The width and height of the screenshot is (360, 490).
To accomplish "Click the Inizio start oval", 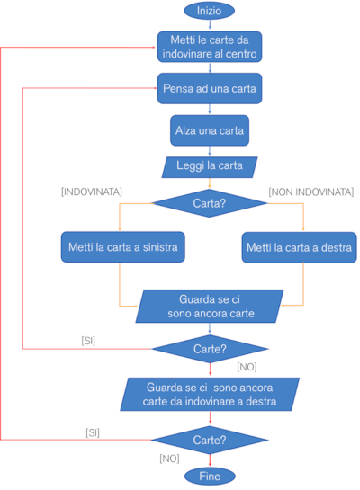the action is tap(209, 11).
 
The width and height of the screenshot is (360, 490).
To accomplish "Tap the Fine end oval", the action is tap(210, 477).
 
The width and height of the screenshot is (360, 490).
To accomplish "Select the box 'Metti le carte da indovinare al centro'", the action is tap(210, 47).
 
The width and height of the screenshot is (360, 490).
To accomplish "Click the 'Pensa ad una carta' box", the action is tap(210, 88).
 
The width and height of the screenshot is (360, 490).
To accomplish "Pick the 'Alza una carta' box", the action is tap(210, 130).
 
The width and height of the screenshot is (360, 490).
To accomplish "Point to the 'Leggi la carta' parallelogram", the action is tap(210, 167).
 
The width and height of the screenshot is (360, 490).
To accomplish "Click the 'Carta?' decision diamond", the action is tap(209, 203).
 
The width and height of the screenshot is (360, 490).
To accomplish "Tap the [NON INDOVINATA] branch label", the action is tap(311, 192).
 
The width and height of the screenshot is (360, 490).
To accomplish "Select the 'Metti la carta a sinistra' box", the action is tap(123, 247).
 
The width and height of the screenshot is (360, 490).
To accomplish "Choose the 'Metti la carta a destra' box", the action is tap(299, 247).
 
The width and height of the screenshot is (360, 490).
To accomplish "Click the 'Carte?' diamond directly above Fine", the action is tap(210, 440).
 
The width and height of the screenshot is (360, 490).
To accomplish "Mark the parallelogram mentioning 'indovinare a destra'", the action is tap(210, 395).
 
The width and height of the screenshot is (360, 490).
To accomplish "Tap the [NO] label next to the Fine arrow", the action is tap(169, 459).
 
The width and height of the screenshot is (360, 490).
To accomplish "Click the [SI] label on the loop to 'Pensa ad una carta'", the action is tap(88, 341).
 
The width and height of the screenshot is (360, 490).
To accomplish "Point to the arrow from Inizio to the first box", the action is tap(210, 24).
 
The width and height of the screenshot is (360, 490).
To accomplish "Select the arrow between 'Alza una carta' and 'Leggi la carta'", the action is tap(210, 151).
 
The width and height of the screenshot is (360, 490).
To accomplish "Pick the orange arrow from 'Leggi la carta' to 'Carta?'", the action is tap(210, 183).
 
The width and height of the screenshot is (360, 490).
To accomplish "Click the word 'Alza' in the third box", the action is tap(185, 130).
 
